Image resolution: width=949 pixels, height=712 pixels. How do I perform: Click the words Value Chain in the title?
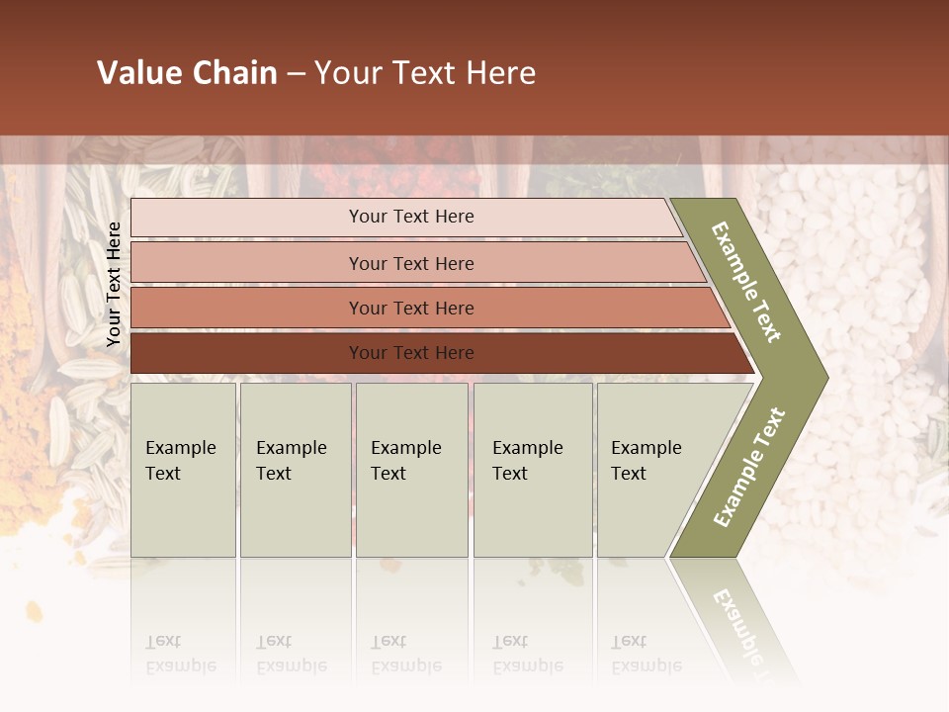tap(187, 73)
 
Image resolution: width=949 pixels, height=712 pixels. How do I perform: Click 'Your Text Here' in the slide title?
tap(425, 73)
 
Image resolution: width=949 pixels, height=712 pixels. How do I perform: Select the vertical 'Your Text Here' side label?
tap(114, 284)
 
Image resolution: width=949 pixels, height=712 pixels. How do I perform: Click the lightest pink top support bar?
tap(247, 218)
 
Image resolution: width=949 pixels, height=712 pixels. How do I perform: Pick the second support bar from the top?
tap(247, 263)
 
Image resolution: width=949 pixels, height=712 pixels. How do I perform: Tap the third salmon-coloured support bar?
tap(247, 308)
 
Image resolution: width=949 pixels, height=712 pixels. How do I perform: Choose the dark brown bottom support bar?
tap(247, 353)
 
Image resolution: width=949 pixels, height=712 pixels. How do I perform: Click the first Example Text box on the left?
tap(183, 470)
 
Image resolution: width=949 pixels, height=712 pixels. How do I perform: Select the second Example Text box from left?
tap(296, 470)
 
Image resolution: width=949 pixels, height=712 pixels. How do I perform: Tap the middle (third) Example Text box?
tap(411, 470)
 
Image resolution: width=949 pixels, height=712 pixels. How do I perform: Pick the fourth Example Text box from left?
tap(533, 470)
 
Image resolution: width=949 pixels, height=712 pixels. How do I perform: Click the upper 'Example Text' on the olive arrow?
tap(746, 282)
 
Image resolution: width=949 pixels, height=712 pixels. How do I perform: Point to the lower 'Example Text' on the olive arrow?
tap(748, 467)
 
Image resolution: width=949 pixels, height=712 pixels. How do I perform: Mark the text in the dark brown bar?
tap(411, 353)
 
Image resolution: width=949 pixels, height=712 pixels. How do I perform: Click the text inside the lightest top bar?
tap(411, 217)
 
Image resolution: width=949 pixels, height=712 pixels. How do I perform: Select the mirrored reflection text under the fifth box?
tap(647, 654)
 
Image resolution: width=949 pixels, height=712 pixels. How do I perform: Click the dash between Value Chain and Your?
tap(296, 74)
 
